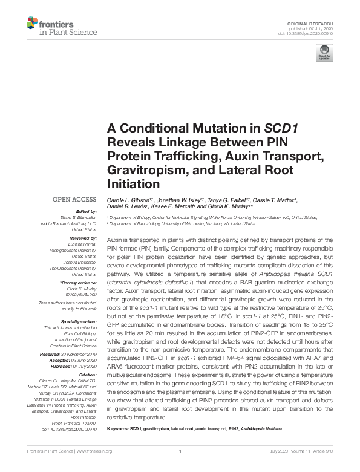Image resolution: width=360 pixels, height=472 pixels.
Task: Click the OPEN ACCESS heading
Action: coord(75,199)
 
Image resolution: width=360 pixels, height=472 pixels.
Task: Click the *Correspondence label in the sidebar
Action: coord(79,283)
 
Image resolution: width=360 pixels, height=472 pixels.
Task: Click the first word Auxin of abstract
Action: coord(114,240)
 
